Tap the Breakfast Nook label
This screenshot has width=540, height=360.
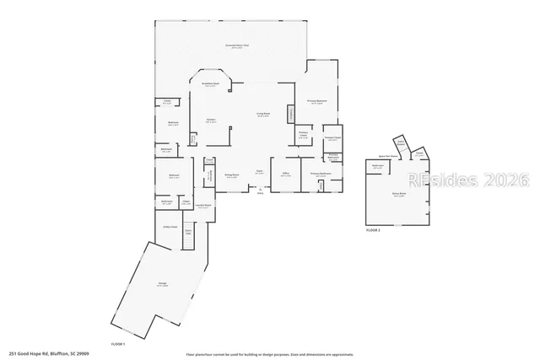click(x=211, y=83)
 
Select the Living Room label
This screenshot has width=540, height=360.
click(x=263, y=115)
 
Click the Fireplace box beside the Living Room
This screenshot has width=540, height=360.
click(x=291, y=115)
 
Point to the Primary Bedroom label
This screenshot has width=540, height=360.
click(x=317, y=104)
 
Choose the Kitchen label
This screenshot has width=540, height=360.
click(x=211, y=121)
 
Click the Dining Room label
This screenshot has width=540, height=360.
click(x=231, y=175)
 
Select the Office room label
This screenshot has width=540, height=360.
click(x=285, y=175)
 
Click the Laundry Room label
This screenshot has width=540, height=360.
click(x=202, y=205)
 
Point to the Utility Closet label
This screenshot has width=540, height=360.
click(x=169, y=227)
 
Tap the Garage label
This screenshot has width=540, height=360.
click(x=161, y=283)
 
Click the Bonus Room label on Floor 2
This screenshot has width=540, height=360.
click(x=399, y=194)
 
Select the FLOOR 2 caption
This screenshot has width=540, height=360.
click(x=373, y=229)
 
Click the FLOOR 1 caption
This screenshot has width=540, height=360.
click(x=118, y=344)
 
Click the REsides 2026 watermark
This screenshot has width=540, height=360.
click(x=468, y=180)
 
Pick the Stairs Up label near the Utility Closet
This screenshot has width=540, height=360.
click(x=188, y=232)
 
